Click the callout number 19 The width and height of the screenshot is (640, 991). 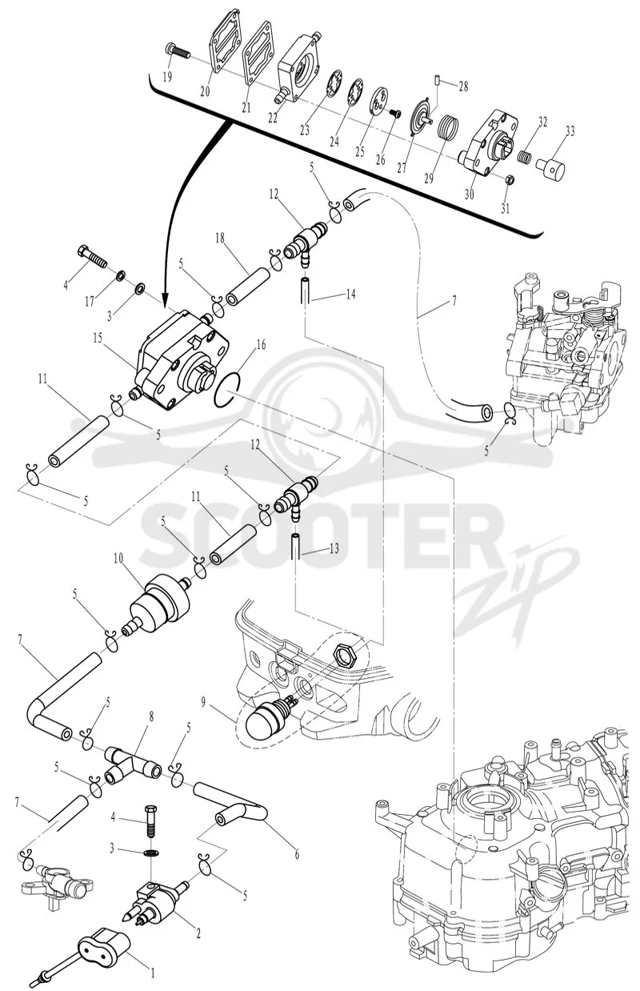tap(166, 77)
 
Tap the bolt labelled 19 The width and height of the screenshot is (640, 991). tap(177, 51)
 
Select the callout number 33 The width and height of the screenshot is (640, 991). tap(570, 131)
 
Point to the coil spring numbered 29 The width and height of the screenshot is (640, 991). tap(448, 126)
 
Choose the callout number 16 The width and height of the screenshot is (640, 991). tap(261, 344)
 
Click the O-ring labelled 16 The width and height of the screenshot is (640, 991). tap(227, 390)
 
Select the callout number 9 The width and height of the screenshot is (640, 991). tap(203, 703)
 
